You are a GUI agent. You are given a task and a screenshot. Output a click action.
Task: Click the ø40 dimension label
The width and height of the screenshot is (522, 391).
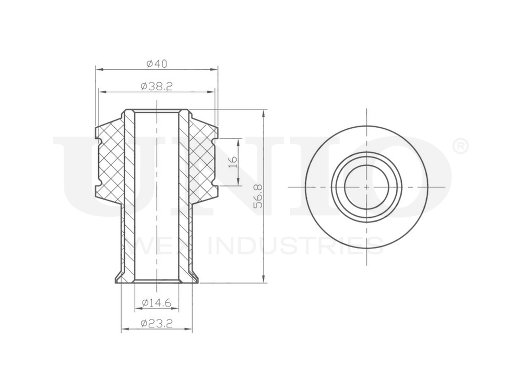point(156,64)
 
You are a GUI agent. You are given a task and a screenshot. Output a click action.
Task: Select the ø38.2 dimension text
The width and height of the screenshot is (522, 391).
point(156,87)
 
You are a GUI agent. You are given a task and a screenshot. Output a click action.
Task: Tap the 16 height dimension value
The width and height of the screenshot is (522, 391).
point(233,161)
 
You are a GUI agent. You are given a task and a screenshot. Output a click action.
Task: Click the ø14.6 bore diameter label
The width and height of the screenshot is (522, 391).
point(156,303)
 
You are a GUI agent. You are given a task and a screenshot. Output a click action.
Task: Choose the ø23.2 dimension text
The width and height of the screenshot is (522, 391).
point(156,324)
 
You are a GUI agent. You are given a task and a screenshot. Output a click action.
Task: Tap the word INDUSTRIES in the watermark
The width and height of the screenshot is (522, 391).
point(295,245)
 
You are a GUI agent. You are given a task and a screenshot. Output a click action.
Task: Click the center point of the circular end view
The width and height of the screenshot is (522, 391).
point(366,187)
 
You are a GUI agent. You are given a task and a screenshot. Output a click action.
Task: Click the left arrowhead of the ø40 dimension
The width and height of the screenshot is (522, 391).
point(98,69)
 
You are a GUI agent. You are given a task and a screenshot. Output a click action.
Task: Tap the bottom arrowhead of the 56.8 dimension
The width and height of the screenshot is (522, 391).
point(265,280)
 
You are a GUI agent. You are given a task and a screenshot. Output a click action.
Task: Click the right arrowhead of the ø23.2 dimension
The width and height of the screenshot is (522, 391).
point(189,330)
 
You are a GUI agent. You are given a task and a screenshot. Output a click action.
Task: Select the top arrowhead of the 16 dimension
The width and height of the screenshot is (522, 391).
point(239,141)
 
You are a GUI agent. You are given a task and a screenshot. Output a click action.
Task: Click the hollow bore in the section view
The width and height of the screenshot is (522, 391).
point(156,198)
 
